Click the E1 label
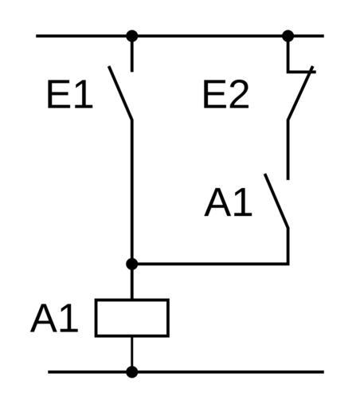(70, 94)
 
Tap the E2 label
(226, 94)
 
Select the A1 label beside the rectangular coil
(54, 318)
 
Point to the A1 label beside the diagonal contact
(229, 202)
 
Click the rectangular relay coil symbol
(132, 318)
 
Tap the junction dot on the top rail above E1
(132, 36)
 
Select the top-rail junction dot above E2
(288, 36)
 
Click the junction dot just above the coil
(132, 264)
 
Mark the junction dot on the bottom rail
(132, 372)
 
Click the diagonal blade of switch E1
(120, 93)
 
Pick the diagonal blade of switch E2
(300, 93)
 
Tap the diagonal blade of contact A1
(276, 201)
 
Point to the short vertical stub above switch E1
(132, 54)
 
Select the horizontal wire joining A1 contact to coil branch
(210, 264)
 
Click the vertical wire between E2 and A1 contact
(288, 150)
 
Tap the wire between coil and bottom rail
(132, 355)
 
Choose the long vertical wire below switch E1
(132, 192)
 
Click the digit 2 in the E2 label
(240, 94)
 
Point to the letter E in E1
(57, 94)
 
